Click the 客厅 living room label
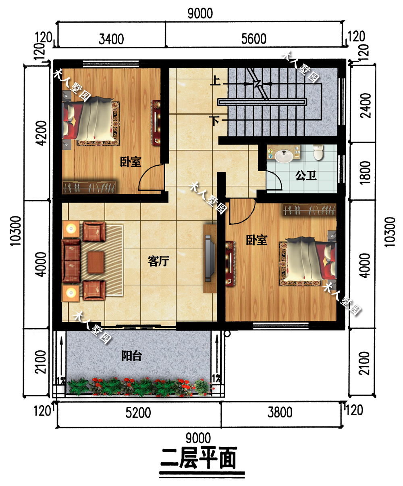pyautogui.click(x=158, y=261)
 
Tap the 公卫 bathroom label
pyautogui.click(x=305, y=176)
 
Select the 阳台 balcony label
pyautogui.click(x=131, y=356)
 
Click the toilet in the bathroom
pyautogui.click(x=318, y=152)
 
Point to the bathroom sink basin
pyautogui.click(x=284, y=156)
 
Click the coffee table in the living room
pyautogui.click(x=96, y=262)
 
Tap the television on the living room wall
pyautogui.click(x=210, y=258)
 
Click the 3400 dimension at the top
pyautogui.click(x=111, y=39)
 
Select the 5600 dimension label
pyautogui.click(x=253, y=39)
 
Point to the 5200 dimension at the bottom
pyautogui.click(x=138, y=413)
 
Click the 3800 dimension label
pyautogui.click(x=280, y=413)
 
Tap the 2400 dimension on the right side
pyautogui.click(x=366, y=105)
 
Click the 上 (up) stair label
pyautogui.click(x=215, y=81)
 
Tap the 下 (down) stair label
pyautogui.click(x=214, y=121)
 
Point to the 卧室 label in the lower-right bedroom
pyautogui.click(x=257, y=240)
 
